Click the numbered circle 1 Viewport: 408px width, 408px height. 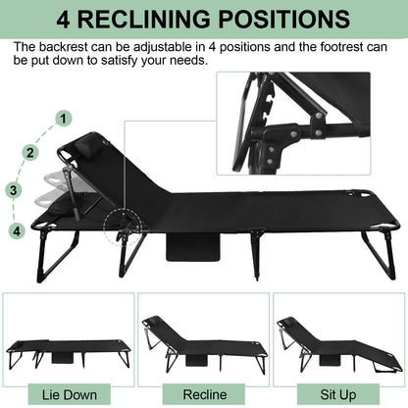(x=64, y=118)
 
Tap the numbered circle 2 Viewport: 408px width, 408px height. (x=31, y=152)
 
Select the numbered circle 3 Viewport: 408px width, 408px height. (x=14, y=190)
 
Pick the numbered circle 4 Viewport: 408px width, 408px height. (x=16, y=231)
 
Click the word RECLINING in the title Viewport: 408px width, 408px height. (x=148, y=20)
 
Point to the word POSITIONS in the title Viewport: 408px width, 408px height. (x=286, y=20)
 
